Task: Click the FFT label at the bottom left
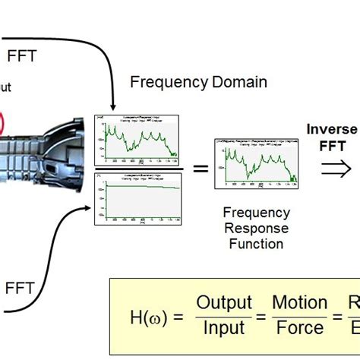(21, 288)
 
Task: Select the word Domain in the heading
(240, 81)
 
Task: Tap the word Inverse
(332, 130)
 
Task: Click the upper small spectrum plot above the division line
(137, 137)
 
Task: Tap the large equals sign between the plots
(200, 168)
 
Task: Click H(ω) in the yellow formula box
(146, 316)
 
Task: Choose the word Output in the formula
(223, 304)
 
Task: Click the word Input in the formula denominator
(223, 328)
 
